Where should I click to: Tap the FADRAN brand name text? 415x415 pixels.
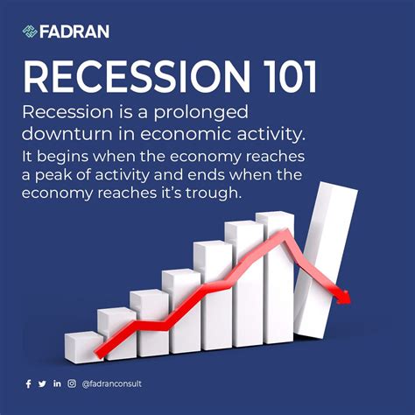[x=76, y=32]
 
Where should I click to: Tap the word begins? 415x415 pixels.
[x=62, y=158]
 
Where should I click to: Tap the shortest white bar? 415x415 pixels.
[x=83, y=345]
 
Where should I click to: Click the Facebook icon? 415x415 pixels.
[x=28, y=383]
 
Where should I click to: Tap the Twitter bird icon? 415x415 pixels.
[x=42, y=383]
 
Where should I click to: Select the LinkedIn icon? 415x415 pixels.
[x=57, y=383]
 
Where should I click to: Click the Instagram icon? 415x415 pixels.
[x=72, y=383]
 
